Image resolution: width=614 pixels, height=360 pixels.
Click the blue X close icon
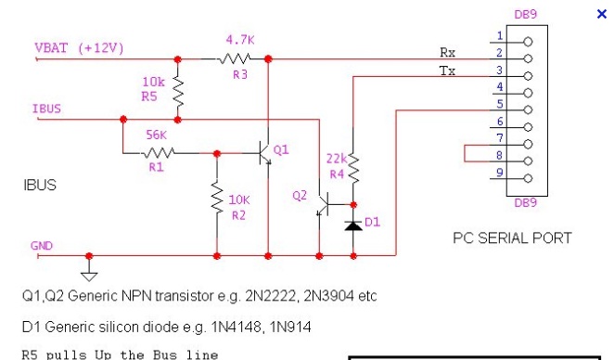coord(601,14)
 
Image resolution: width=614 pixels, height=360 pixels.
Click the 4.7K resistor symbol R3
coord(234,58)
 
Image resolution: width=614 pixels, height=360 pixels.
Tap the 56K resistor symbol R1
coord(158,153)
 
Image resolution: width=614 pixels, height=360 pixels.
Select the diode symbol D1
coord(353,225)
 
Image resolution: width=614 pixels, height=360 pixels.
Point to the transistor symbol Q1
coord(264,153)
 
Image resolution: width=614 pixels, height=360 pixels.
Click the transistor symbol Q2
coord(322,204)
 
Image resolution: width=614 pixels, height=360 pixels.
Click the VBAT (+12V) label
coord(79,48)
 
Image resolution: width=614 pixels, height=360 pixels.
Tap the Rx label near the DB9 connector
coord(448,52)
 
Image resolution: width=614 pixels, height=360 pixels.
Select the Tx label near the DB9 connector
coord(447,71)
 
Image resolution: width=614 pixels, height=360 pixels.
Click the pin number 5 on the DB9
coord(500,104)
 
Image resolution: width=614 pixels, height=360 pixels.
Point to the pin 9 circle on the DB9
coord(528,179)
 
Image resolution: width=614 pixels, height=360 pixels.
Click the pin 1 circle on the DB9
coord(528,42)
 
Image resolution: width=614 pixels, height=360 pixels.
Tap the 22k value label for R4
coord(337,159)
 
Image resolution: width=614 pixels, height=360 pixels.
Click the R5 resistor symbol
coord(178,92)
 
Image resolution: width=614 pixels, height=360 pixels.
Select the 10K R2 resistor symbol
coord(217,198)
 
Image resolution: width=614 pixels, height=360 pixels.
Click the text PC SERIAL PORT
coord(512,238)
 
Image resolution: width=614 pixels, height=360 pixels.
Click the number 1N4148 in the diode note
coord(237,327)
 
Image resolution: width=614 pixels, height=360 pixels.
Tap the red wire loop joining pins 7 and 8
coord(465,153)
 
